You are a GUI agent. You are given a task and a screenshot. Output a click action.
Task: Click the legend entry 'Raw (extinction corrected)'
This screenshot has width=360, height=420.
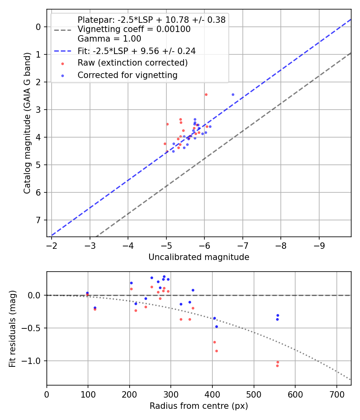pyautogui.click(x=132, y=63)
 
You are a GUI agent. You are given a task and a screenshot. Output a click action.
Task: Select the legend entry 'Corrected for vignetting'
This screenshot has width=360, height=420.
pyautogui.click(x=128, y=75)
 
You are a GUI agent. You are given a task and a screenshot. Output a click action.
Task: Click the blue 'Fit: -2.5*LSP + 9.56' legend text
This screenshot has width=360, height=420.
pyautogui.click(x=136, y=51)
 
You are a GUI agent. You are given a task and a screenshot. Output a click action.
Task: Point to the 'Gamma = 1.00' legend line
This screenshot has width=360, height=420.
pyautogui.click(x=109, y=39)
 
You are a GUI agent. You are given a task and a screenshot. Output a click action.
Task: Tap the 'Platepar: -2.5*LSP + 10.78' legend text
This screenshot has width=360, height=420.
pyautogui.click(x=152, y=20)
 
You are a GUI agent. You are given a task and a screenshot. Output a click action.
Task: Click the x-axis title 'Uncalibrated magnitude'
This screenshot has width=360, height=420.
pyautogui.click(x=199, y=257)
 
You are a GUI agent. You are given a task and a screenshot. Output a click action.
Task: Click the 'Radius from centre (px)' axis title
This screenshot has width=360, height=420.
pyautogui.click(x=199, y=406)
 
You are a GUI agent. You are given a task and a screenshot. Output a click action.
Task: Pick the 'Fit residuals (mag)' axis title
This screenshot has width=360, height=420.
pyautogui.click(x=13, y=328)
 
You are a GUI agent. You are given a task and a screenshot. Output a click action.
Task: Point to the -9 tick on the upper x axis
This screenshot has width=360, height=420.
pyautogui.click(x=319, y=244)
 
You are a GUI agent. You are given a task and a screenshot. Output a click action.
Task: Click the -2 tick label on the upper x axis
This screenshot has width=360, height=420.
pyautogui.click(x=52, y=244)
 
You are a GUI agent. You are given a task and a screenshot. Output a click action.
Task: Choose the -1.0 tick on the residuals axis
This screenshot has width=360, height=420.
pyautogui.click(x=34, y=361)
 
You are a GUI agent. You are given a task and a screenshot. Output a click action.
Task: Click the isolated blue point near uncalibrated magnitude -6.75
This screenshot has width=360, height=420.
pyautogui.click(x=233, y=94)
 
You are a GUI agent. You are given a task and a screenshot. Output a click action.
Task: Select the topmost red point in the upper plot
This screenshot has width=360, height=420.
pyautogui.click(x=206, y=94)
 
